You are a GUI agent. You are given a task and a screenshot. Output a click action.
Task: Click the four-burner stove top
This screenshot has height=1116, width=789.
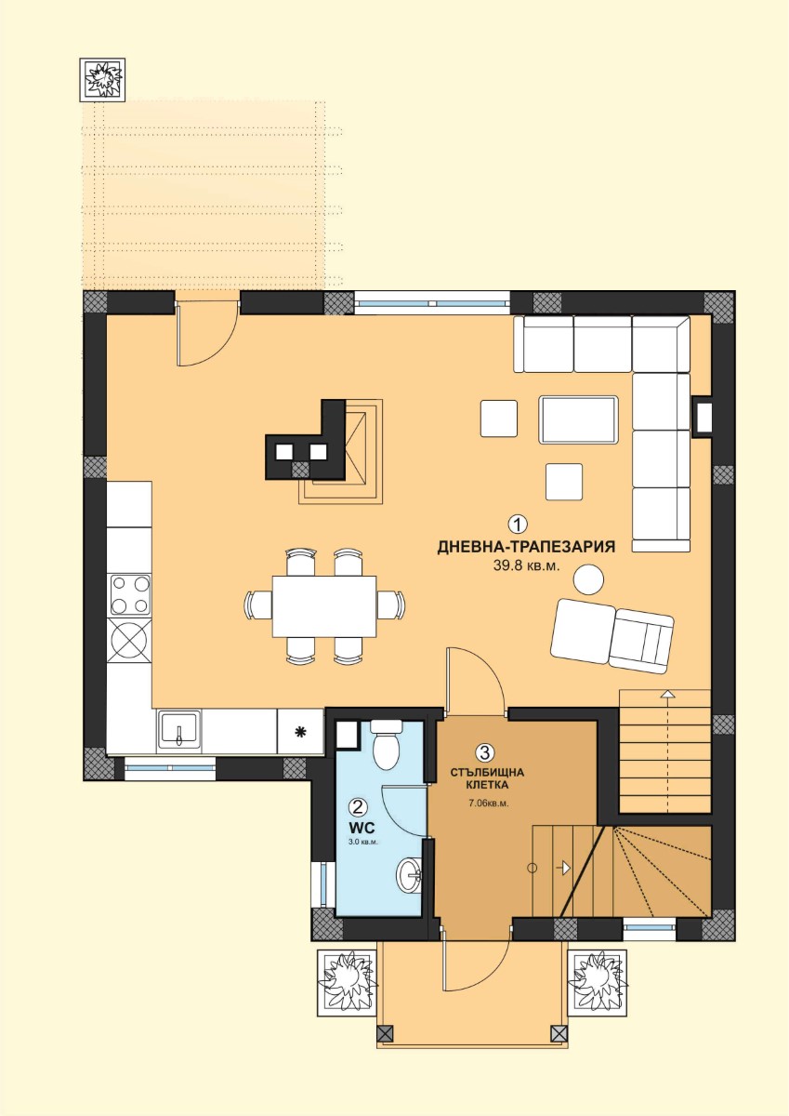click(x=130, y=595)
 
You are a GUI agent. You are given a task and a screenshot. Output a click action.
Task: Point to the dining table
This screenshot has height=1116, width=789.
click(x=324, y=606)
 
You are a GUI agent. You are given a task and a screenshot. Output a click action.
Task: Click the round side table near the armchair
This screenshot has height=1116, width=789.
click(x=588, y=578)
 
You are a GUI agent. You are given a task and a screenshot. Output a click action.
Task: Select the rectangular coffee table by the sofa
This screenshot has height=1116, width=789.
click(x=578, y=419)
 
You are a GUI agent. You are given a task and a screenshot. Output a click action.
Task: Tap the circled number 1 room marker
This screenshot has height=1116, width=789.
click(x=518, y=525)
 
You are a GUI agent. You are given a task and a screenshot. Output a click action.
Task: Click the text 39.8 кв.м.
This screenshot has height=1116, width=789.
click(x=527, y=565)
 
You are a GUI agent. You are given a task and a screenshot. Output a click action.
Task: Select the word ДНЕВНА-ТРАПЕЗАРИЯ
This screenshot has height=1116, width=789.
click(x=526, y=547)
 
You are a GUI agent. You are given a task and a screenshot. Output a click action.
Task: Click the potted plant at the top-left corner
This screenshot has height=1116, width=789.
click(x=102, y=80)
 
